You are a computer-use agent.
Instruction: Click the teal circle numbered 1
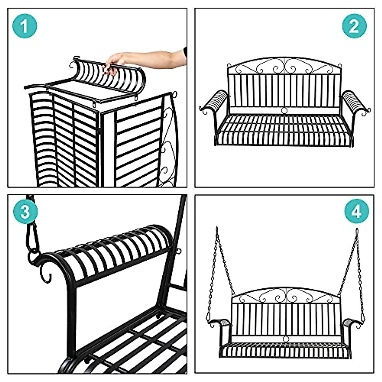click(25, 26)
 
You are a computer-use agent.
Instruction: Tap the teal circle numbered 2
click(354, 26)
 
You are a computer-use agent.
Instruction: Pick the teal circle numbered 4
click(357, 211)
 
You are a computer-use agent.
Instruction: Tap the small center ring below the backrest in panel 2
click(284, 110)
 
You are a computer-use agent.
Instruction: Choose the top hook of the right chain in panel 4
click(357, 231)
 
